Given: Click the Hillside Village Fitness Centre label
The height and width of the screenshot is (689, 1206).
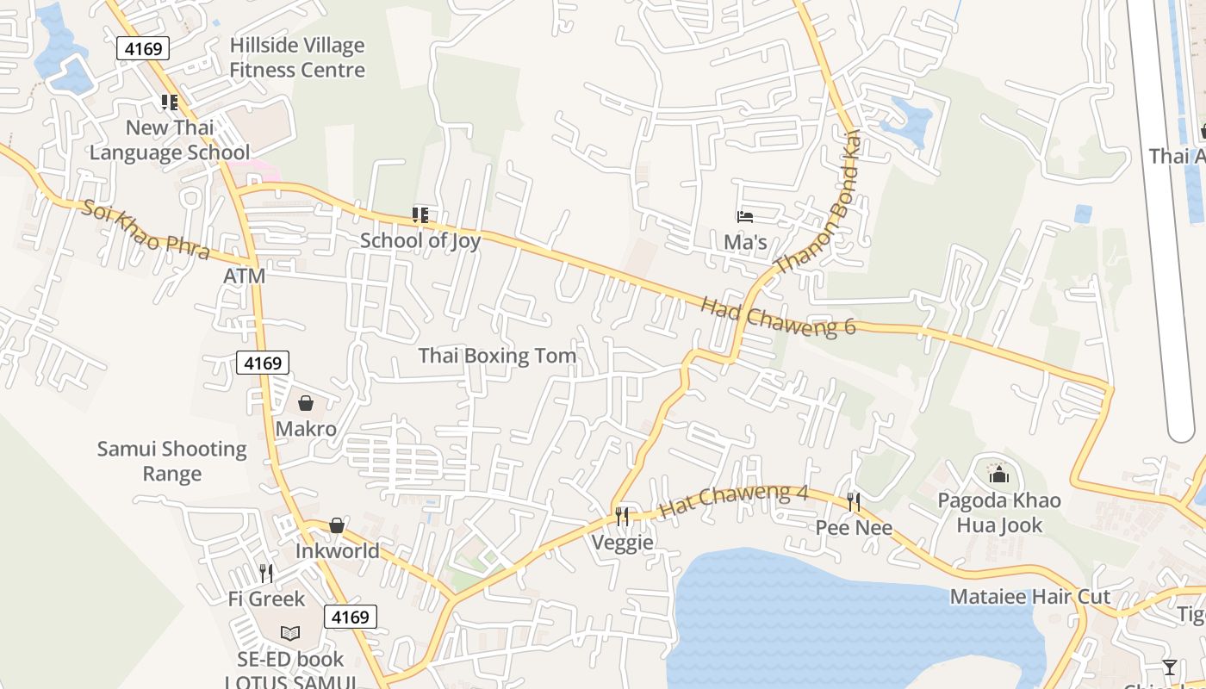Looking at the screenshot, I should coord(297,58).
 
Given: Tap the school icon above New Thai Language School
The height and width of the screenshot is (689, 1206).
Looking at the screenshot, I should coord(170,102).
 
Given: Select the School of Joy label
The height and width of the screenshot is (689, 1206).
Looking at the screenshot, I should coord(420,240).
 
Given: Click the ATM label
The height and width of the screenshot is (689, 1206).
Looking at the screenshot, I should coord(244,276).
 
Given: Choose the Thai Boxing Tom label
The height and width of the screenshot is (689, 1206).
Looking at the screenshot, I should coord(497,356).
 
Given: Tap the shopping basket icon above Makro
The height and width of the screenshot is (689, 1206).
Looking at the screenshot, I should coord(306,403).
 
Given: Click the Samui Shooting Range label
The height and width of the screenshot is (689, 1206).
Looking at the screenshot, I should coord(171,461).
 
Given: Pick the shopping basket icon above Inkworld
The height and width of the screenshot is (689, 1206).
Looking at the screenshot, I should coord(337,525).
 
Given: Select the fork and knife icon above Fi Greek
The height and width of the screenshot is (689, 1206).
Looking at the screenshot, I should coord(266,573).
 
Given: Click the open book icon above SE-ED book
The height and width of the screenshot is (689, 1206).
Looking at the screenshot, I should coord(290,634).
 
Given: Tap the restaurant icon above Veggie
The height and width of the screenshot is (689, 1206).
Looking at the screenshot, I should coord(622,516).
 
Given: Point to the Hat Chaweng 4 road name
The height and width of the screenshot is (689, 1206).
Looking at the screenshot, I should coord(734,502).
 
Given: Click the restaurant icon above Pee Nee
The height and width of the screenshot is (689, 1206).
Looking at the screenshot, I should coord(854,501).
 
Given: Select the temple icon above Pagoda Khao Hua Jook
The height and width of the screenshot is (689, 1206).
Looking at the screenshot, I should coord(999,474).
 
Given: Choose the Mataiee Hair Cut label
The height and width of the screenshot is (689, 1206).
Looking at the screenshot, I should coord(1029,597).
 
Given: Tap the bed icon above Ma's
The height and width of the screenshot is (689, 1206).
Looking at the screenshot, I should coord(745,217).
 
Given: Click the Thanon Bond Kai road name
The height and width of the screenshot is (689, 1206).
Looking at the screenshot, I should coord(818,202).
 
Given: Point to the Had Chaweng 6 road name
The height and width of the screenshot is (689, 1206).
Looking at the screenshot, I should coord(778,316).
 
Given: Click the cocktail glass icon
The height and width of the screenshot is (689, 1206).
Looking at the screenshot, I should coord(1169,667).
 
